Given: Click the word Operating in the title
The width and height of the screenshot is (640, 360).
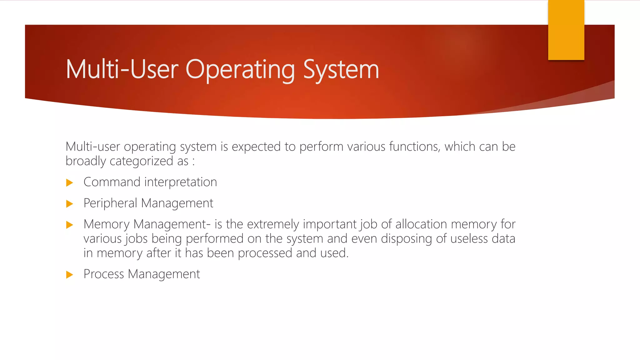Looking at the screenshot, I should click(x=240, y=70).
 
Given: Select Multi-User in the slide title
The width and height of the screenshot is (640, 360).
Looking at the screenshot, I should click(x=122, y=69).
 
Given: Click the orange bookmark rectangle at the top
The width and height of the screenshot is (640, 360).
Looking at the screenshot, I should click(x=566, y=30).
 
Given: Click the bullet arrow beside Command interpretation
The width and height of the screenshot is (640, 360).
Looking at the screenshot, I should click(x=70, y=183).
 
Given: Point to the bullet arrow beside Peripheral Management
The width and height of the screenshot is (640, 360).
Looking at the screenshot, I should click(x=70, y=204).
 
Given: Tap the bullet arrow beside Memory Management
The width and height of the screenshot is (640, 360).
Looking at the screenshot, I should click(x=70, y=225).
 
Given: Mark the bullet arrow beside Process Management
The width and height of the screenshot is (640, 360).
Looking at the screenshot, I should click(x=70, y=275).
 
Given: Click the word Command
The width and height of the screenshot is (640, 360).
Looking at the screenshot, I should click(x=112, y=182).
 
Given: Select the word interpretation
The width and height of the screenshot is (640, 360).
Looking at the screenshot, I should click(x=181, y=182).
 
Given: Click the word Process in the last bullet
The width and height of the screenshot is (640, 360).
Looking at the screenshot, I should click(x=104, y=274).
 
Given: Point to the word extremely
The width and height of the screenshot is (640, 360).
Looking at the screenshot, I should click(x=273, y=224).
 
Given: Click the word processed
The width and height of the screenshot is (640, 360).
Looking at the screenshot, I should click(x=265, y=253).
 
